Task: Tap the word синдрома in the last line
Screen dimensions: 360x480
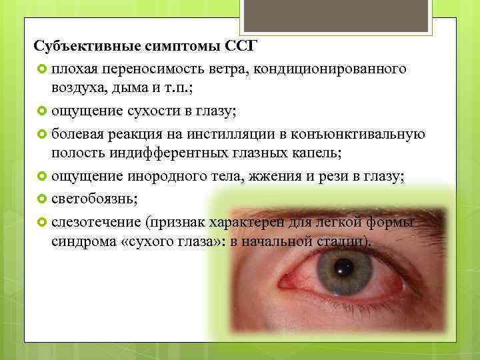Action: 81,241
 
